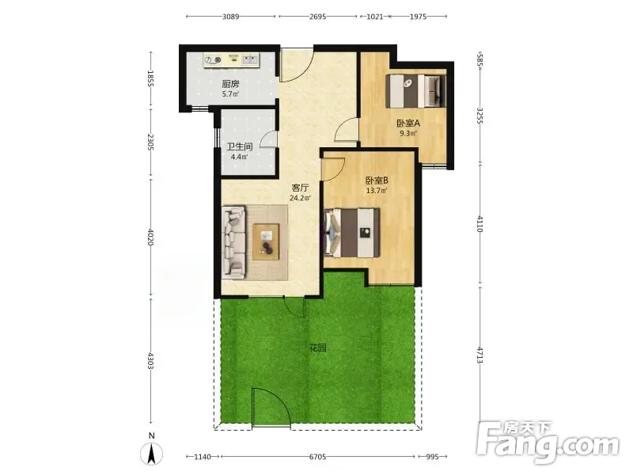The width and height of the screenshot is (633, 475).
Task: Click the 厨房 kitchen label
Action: tap(230, 84)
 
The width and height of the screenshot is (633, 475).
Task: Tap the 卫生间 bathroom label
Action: tap(240, 146)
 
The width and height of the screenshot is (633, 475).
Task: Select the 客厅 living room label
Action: tap(301, 188)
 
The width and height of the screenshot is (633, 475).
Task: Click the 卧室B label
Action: tap(377, 180)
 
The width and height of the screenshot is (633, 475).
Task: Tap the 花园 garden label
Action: tap(318, 348)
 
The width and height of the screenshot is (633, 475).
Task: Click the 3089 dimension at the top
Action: tap(230, 17)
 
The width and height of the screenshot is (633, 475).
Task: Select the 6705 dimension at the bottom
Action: tap(318, 457)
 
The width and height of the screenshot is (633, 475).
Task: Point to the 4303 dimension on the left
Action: tap(150, 361)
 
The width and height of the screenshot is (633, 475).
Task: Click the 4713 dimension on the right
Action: tap(479, 355)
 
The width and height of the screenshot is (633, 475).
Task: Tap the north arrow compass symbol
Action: tap(151, 453)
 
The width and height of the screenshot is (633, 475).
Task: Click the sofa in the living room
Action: tap(233, 242)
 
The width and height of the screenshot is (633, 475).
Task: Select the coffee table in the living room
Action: tap(266, 241)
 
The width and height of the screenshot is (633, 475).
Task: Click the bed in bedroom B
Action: tap(352, 233)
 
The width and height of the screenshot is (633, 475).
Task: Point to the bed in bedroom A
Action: tap(416, 91)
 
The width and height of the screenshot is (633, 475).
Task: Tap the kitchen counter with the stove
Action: tap(231, 60)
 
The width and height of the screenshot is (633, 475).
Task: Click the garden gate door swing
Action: tap(271, 406)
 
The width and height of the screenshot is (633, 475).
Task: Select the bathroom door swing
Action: tap(268, 139)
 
